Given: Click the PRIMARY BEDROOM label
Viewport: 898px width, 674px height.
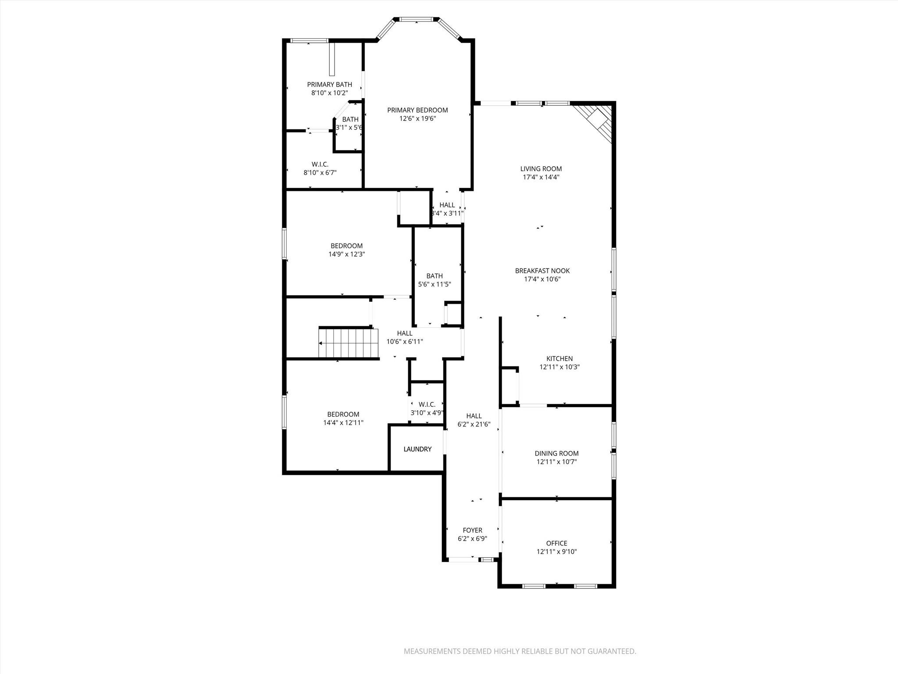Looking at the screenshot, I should point(417,110).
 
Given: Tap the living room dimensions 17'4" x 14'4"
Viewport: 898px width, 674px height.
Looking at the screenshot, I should point(541,177).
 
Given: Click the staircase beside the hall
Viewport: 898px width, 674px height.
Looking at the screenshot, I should point(349,343).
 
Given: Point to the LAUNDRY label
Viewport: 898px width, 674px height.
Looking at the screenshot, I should point(417,449).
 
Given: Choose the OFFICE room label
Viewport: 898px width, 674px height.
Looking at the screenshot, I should point(556,543).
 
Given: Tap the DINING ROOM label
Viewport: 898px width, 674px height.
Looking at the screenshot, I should point(556,453).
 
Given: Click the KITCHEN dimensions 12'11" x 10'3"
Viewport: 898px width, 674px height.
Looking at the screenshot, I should point(559,367).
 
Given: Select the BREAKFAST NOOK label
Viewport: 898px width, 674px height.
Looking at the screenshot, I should point(542,271).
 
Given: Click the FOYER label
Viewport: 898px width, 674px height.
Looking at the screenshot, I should point(472,530).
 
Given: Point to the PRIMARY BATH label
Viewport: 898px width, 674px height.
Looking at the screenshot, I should point(329,84).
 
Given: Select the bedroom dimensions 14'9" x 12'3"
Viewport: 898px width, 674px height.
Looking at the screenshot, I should point(346,254).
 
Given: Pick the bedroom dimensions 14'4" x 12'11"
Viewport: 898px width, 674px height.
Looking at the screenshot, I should point(343,423).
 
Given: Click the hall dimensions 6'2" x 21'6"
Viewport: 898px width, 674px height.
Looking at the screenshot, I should point(474,424).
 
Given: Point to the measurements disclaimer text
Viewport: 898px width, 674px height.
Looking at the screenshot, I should point(520,651).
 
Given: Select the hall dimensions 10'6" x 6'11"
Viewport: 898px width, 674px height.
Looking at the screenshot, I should point(404,341).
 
